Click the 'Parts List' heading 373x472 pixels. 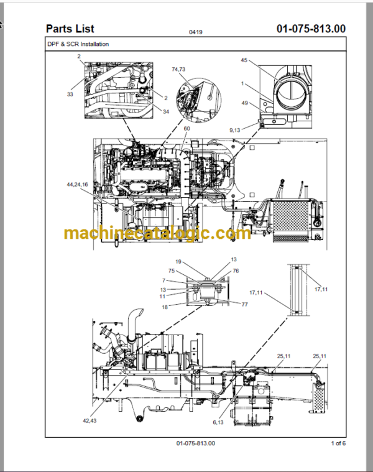[x=70, y=29]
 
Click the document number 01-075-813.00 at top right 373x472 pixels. [x=311, y=29]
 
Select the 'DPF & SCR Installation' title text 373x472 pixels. [x=78, y=44]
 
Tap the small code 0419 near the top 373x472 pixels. [x=196, y=32]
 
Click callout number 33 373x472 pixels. [x=70, y=95]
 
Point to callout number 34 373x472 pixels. [x=166, y=112]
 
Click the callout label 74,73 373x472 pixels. [x=178, y=69]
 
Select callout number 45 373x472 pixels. [x=244, y=60]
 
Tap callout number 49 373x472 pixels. [x=245, y=103]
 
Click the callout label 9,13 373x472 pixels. [x=234, y=130]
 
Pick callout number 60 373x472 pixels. [x=186, y=129]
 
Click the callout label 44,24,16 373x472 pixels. [x=77, y=184]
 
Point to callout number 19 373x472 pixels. [x=178, y=262]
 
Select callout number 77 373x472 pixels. [x=245, y=304]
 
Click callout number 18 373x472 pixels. [x=165, y=307]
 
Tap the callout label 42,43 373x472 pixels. [x=90, y=420]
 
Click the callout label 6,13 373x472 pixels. [x=218, y=422]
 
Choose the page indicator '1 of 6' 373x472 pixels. [x=338, y=443]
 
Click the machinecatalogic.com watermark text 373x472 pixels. [x=157, y=233]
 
